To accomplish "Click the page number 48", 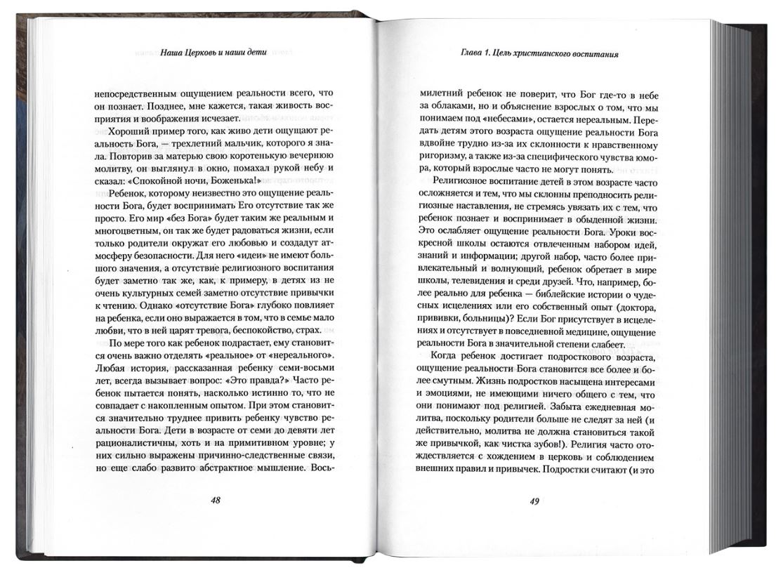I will tap(216, 501).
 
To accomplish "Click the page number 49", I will tap(535, 501).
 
